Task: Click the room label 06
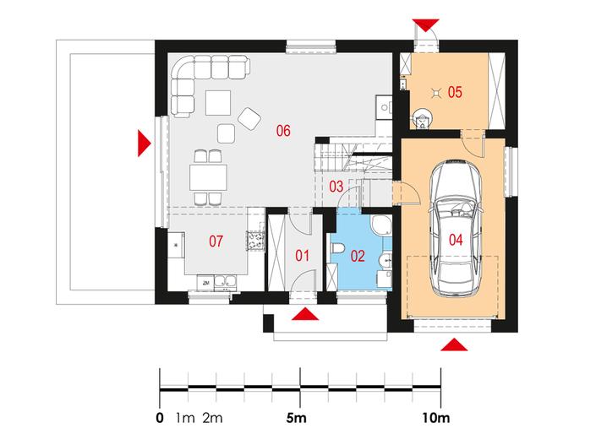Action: [283, 131]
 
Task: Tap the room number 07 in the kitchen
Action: [216, 241]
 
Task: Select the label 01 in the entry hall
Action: [302, 256]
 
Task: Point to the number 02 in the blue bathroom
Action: [358, 256]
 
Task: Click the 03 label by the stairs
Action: [336, 187]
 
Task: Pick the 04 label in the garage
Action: [456, 240]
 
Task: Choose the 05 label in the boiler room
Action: [455, 92]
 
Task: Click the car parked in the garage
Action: [456, 228]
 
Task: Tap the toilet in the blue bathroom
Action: [337, 248]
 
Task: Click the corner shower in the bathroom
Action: [381, 225]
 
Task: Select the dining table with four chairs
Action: [208, 177]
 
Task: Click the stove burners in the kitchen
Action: [255, 241]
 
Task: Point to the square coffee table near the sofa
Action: [218, 103]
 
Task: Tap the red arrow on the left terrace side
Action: [144, 144]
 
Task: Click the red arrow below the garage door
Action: [454, 345]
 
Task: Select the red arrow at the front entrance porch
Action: [305, 314]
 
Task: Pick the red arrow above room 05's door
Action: [426, 25]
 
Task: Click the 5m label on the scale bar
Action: [296, 418]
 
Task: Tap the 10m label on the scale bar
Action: [435, 418]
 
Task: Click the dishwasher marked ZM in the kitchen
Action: [205, 283]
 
